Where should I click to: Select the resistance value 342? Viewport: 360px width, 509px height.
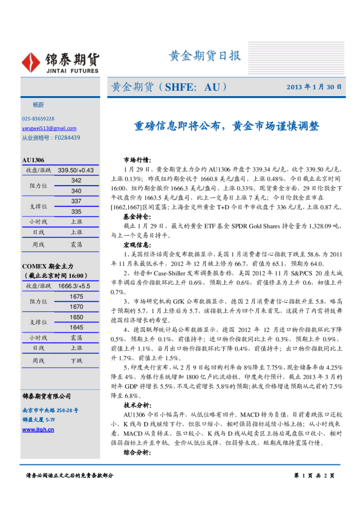(76, 181)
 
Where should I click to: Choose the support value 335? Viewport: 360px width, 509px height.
(76, 212)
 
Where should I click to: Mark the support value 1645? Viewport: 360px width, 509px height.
(76, 327)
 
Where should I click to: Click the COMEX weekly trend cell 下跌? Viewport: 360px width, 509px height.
(76, 360)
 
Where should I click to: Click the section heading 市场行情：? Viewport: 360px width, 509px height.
(137, 160)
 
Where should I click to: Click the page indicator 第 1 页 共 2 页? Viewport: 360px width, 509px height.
(313, 476)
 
